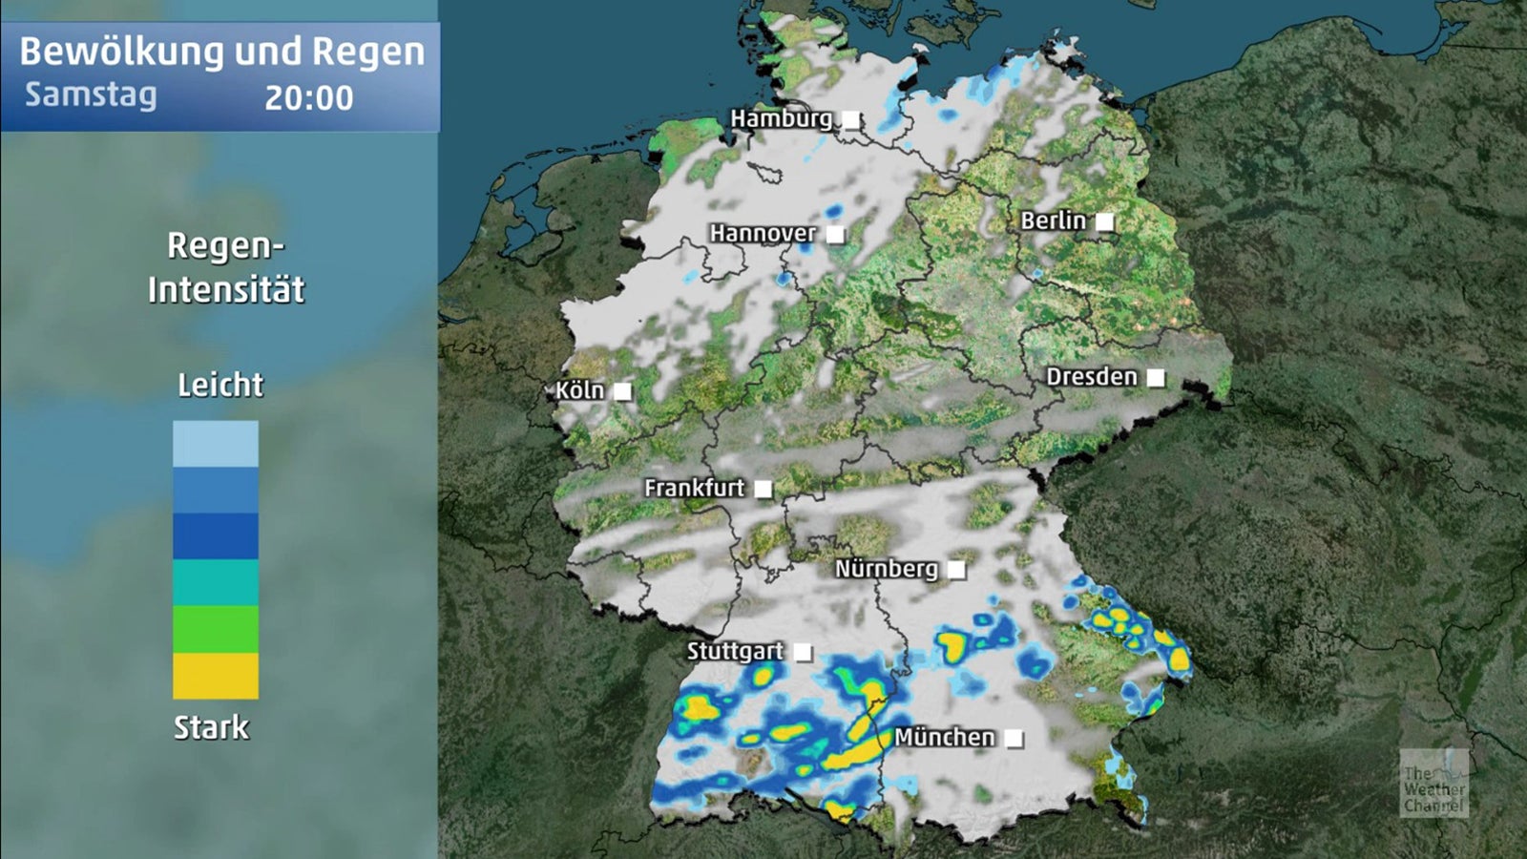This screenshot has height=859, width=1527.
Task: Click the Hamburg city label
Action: [x=781, y=118]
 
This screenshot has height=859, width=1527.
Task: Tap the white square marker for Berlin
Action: [x=1104, y=221]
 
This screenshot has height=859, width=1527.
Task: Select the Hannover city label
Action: [x=762, y=233]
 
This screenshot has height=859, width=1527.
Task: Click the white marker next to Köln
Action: [x=622, y=391]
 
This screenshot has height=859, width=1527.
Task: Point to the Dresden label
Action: [x=1091, y=377]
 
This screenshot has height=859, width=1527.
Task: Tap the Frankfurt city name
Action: [x=694, y=488]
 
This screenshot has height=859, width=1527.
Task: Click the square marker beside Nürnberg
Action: [x=956, y=570]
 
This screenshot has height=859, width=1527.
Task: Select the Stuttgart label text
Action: [x=735, y=651]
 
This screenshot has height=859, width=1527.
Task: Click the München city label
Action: [x=944, y=737]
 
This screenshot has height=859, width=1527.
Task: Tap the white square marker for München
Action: [x=1015, y=739]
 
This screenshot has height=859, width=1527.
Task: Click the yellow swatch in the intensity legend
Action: [x=215, y=676]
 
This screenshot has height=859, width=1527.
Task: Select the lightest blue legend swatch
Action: [x=215, y=444]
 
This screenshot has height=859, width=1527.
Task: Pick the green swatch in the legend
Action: [x=215, y=629]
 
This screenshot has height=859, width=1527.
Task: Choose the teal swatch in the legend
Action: [x=215, y=582]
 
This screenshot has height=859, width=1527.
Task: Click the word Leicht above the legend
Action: [x=220, y=385]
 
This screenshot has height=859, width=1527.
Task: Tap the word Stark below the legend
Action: [x=211, y=727]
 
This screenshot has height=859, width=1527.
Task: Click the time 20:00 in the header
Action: [x=308, y=97]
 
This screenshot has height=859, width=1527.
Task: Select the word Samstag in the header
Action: [x=91, y=94]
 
